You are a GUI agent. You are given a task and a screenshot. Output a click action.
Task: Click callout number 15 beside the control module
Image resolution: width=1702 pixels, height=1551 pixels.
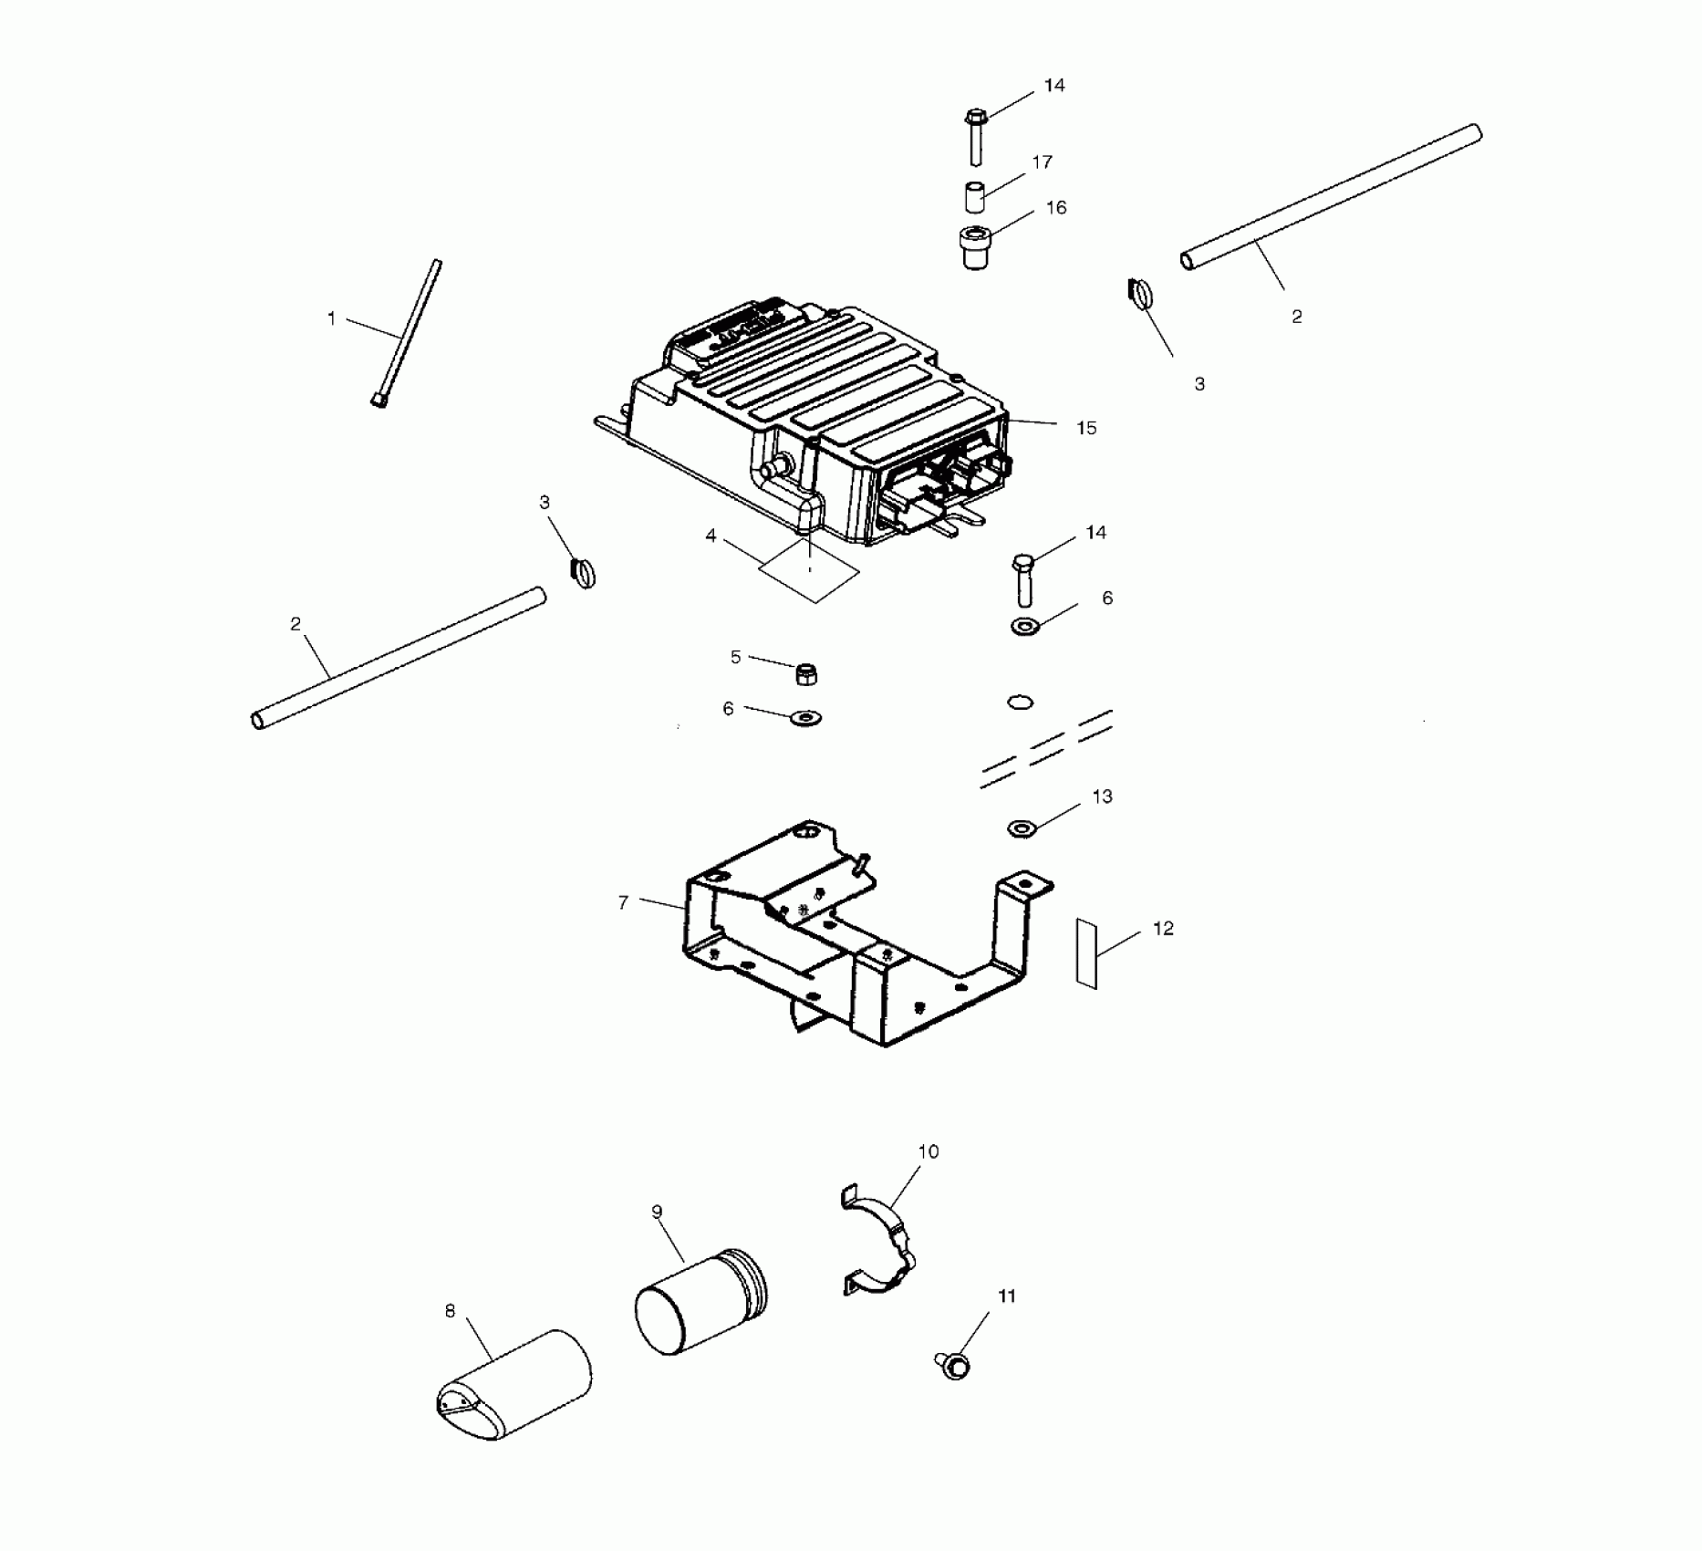tap(1085, 428)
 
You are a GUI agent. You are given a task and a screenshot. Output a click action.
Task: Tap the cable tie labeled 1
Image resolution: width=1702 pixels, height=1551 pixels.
tap(408, 335)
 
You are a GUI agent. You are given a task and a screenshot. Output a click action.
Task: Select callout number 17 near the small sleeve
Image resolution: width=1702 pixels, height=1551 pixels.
tap(1042, 162)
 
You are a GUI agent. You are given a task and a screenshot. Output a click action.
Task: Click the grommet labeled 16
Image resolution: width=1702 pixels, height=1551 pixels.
tap(976, 247)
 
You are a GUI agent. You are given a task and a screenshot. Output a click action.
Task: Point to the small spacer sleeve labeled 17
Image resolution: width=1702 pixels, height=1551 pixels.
tap(975, 197)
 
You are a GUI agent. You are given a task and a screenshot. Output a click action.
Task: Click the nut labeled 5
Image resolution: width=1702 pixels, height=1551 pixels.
tap(806, 674)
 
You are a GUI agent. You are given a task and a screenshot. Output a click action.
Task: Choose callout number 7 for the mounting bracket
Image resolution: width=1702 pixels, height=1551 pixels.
tap(623, 902)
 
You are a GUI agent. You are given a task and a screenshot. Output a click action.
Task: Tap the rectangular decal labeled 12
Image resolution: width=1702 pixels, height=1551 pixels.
tap(1085, 952)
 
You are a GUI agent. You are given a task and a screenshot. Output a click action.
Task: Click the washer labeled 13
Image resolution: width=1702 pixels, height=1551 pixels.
tap(1022, 828)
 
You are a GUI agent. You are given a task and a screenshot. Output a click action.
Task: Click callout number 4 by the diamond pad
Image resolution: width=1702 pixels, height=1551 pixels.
tap(711, 536)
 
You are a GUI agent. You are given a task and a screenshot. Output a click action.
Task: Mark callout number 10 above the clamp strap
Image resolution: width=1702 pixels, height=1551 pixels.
tap(928, 1151)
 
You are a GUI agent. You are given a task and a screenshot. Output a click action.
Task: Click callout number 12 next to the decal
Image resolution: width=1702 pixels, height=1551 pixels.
tap(1163, 929)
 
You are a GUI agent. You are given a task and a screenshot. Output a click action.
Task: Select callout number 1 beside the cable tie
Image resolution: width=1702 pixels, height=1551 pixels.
tap(331, 318)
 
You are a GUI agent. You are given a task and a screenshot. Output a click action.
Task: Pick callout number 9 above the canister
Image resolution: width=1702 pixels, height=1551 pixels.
tap(657, 1212)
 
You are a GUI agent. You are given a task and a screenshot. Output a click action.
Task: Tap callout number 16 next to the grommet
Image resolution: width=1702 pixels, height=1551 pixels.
tap(1055, 208)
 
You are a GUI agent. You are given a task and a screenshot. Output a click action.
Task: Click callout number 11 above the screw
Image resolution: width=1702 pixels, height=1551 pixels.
tap(1007, 1296)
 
